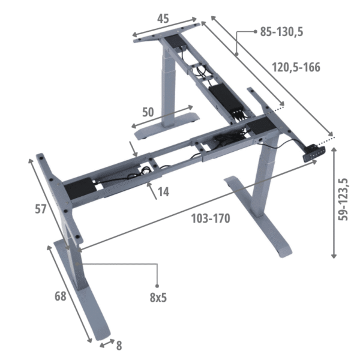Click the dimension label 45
[163, 19]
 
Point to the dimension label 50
[150, 111]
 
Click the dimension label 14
[163, 192]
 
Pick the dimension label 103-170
[211, 218]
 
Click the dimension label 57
[40, 209]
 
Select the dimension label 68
[60, 296]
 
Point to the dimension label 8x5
[158, 297]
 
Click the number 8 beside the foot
[119, 346]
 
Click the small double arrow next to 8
[106, 343]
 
